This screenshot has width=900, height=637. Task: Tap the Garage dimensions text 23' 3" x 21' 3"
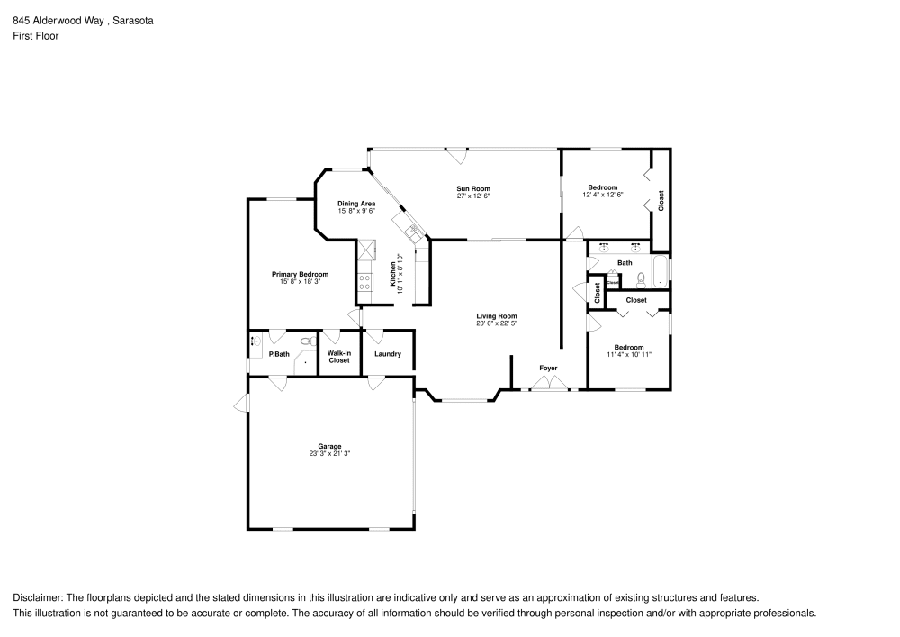328,453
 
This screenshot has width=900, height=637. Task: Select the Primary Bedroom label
301,274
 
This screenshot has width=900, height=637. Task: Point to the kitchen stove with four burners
365,282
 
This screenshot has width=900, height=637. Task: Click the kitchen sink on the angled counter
413,233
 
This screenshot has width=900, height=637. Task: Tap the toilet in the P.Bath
307,341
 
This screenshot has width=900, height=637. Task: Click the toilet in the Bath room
641,278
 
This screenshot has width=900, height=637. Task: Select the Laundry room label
388,354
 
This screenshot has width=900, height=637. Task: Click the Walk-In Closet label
339,357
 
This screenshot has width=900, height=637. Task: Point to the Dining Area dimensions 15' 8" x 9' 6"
356,211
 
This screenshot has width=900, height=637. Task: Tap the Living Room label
497,315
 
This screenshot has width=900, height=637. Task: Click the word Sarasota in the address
132,19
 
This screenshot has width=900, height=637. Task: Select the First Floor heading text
36,36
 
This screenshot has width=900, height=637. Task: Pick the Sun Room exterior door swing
458,155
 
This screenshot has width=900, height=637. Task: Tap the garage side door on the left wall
241,404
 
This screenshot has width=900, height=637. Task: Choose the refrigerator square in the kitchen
366,250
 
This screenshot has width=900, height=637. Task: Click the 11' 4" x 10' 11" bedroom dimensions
629,354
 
